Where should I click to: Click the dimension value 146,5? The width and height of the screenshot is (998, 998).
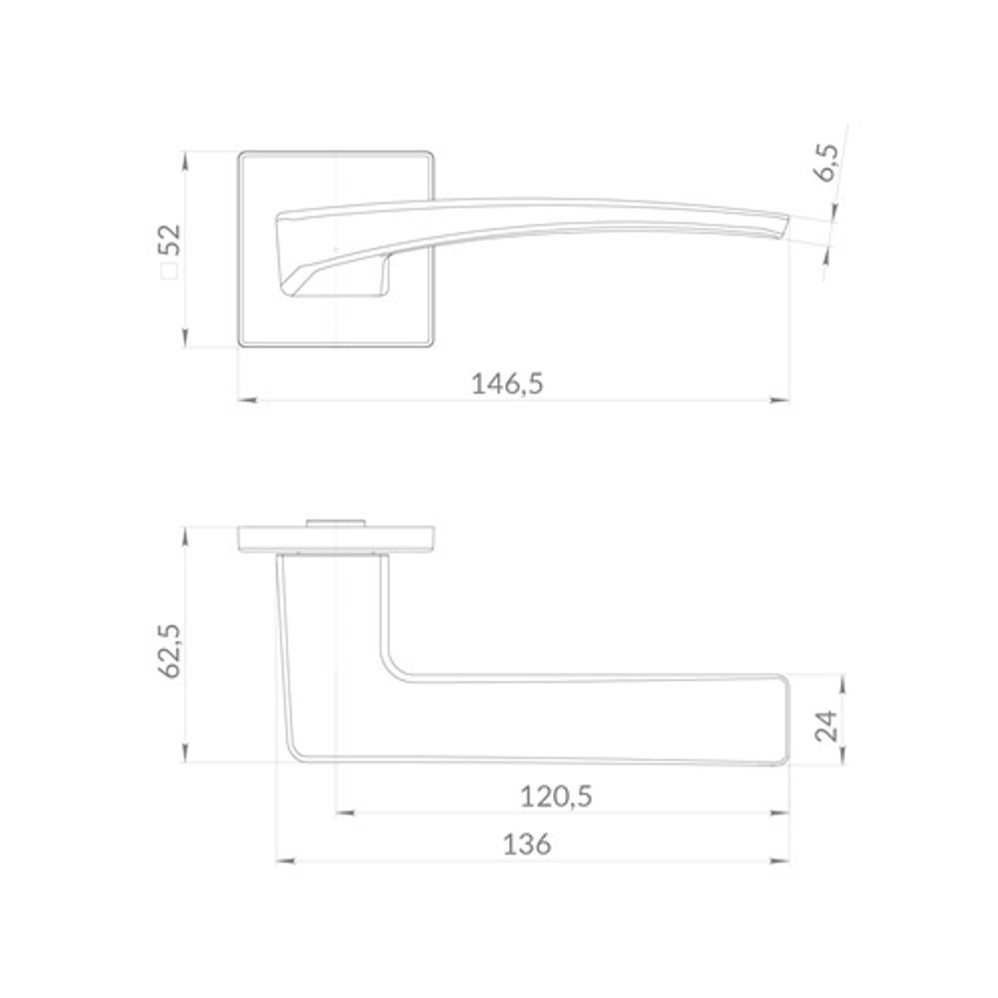[507, 384]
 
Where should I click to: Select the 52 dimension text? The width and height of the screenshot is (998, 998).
[172, 240]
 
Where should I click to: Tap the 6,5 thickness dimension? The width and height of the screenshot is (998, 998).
[828, 163]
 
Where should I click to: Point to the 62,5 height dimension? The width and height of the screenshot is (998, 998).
[170, 651]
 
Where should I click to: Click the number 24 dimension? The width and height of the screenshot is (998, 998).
[827, 726]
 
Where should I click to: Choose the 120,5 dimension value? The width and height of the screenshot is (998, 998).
[556, 796]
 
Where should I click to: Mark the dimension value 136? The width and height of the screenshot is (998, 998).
[527, 844]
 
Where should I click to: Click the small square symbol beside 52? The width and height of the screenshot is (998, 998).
[170, 271]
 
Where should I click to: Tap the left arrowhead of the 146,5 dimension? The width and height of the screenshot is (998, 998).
[247, 400]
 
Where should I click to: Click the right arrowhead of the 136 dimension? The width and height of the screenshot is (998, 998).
[779, 861]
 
